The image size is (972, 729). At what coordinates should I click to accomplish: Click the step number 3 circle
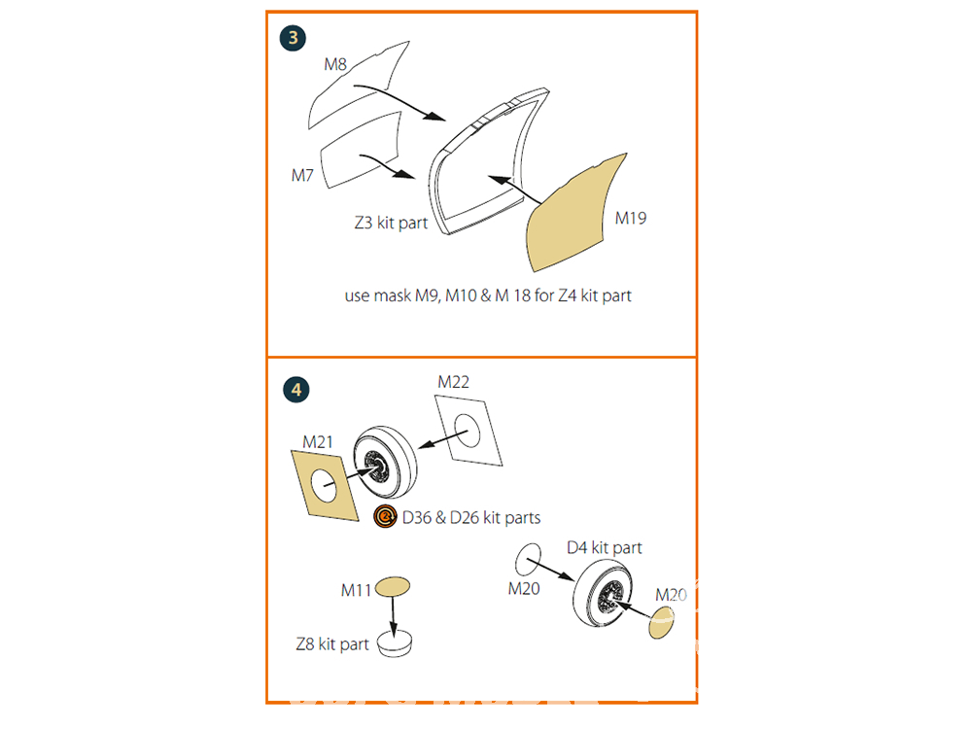(x=293, y=38)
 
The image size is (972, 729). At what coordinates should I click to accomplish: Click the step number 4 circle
(x=295, y=390)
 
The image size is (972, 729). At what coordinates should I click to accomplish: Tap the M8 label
(x=335, y=64)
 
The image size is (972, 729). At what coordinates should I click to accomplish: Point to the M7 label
(x=302, y=175)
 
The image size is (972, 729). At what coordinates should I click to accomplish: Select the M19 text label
(x=631, y=218)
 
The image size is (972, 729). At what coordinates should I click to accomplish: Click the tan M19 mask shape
(x=573, y=214)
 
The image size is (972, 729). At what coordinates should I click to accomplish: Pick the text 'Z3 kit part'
(x=391, y=223)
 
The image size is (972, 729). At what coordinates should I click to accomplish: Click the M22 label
(x=453, y=382)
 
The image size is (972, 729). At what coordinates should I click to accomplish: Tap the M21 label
(x=318, y=442)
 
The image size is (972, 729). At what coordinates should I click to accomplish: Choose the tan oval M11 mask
(x=393, y=586)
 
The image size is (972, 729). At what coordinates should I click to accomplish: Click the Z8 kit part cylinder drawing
(x=395, y=644)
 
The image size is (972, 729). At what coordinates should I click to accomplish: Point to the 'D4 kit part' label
(x=605, y=548)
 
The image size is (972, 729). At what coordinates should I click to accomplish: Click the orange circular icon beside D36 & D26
(x=385, y=516)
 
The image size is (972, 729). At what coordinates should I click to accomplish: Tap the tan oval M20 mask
(x=661, y=622)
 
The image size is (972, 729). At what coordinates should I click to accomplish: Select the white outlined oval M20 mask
(x=528, y=560)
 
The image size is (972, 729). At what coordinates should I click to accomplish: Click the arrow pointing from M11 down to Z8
(x=393, y=617)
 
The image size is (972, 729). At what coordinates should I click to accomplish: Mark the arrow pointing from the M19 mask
(x=515, y=190)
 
